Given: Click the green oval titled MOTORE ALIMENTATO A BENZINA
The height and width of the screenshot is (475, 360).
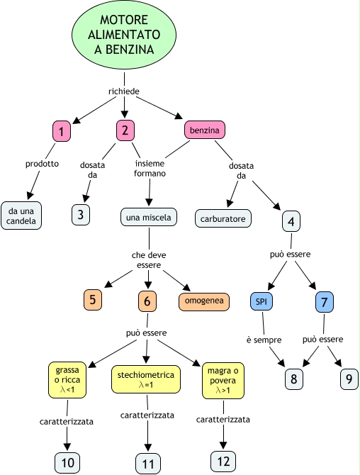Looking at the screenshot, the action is pyautogui.click(x=124, y=35).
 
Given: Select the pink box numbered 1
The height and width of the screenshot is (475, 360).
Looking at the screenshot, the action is pyautogui.click(x=62, y=131).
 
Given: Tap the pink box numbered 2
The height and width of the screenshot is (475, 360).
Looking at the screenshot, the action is pyautogui.click(x=125, y=130).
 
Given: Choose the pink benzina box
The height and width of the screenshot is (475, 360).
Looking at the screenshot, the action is pyautogui.click(x=205, y=130).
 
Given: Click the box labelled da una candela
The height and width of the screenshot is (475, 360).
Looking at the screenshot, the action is pyautogui.click(x=21, y=216).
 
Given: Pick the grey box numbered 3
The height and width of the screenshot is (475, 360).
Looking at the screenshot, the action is pyautogui.click(x=81, y=215).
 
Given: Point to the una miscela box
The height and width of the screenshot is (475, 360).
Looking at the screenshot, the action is pyautogui.click(x=148, y=217).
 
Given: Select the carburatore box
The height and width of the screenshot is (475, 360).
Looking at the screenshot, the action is pyautogui.click(x=223, y=218).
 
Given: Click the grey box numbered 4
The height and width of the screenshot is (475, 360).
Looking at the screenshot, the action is pyautogui.click(x=291, y=221).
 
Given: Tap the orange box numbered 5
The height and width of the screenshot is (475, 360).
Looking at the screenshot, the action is pyautogui.click(x=93, y=300).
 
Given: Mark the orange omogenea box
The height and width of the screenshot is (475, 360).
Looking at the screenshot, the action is pyautogui.click(x=204, y=301).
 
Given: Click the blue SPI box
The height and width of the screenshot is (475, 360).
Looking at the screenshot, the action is pyautogui.click(x=261, y=301).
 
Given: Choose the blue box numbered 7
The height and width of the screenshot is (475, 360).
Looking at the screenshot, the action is pyautogui.click(x=325, y=302).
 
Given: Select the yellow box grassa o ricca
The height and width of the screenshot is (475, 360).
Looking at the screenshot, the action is pyautogui.click(x=67, y=380).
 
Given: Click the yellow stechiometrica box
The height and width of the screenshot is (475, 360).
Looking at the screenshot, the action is pyautogui.click(x=146, y=379).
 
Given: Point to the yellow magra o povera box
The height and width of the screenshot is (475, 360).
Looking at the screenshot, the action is pyautogui.click(x=223, y=381).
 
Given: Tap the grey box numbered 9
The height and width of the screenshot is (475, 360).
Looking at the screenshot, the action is pyautogui.click(x=349, y=379).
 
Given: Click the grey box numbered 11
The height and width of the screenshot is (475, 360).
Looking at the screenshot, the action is pyautogui.click(x=148, y=464).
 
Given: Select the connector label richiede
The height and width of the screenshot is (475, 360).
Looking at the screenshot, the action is pyautogui.click(x=124, y=91).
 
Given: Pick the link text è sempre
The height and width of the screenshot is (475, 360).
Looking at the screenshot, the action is pyautogui.click(x=264, y=340).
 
